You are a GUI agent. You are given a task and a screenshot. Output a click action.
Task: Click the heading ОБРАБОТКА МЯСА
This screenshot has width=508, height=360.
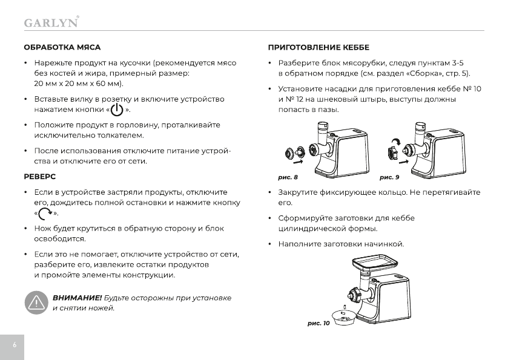[62, 47]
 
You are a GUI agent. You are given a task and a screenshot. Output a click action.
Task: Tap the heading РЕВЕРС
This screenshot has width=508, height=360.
[39, 177]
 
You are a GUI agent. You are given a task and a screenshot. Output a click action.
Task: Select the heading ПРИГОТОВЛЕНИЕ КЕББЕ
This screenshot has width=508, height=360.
[318, 47]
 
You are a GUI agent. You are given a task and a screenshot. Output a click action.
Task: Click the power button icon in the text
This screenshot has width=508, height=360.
[116, 110]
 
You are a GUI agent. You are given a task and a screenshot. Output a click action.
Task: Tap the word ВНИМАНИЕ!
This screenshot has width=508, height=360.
[77, 298]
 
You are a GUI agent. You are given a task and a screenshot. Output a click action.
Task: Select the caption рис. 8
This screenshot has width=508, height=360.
[288, 178]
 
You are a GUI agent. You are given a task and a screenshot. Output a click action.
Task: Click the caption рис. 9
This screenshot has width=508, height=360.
[389, 178]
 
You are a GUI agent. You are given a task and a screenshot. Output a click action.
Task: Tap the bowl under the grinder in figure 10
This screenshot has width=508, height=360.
[345, 316]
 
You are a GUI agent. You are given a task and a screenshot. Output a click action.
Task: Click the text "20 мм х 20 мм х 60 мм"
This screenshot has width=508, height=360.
[78, 83]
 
